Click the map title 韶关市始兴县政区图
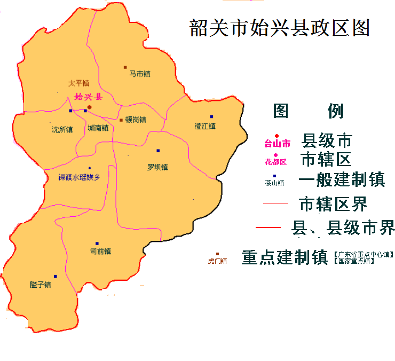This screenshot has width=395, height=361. tap(280, 28)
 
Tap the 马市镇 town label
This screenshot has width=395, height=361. tap(140, 74)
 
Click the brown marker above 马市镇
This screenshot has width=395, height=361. tap(125, 67)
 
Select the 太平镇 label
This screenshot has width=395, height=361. tap(78, 83)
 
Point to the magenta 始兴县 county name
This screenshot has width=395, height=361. tap(88, 97)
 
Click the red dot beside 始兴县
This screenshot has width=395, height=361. tap(90, 107)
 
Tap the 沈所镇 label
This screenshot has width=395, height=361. tap(62, 129)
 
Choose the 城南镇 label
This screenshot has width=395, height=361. tap(98, 128)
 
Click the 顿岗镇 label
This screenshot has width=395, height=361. tap(136, 120)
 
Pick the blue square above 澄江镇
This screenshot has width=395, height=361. tap(211, 116)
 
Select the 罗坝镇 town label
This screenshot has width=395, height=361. tap(157, 167)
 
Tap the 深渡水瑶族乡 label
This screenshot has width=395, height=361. tap(79, 177)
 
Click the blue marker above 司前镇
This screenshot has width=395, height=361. tap(97, 244)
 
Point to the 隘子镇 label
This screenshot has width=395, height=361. tap(41, 285)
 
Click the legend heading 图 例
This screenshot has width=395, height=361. tap(308, 111)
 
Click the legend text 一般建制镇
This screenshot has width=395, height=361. tap(342, 180)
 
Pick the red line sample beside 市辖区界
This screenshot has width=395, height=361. tap(275, 203)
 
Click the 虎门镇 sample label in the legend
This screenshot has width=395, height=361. tap(217, 261)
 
